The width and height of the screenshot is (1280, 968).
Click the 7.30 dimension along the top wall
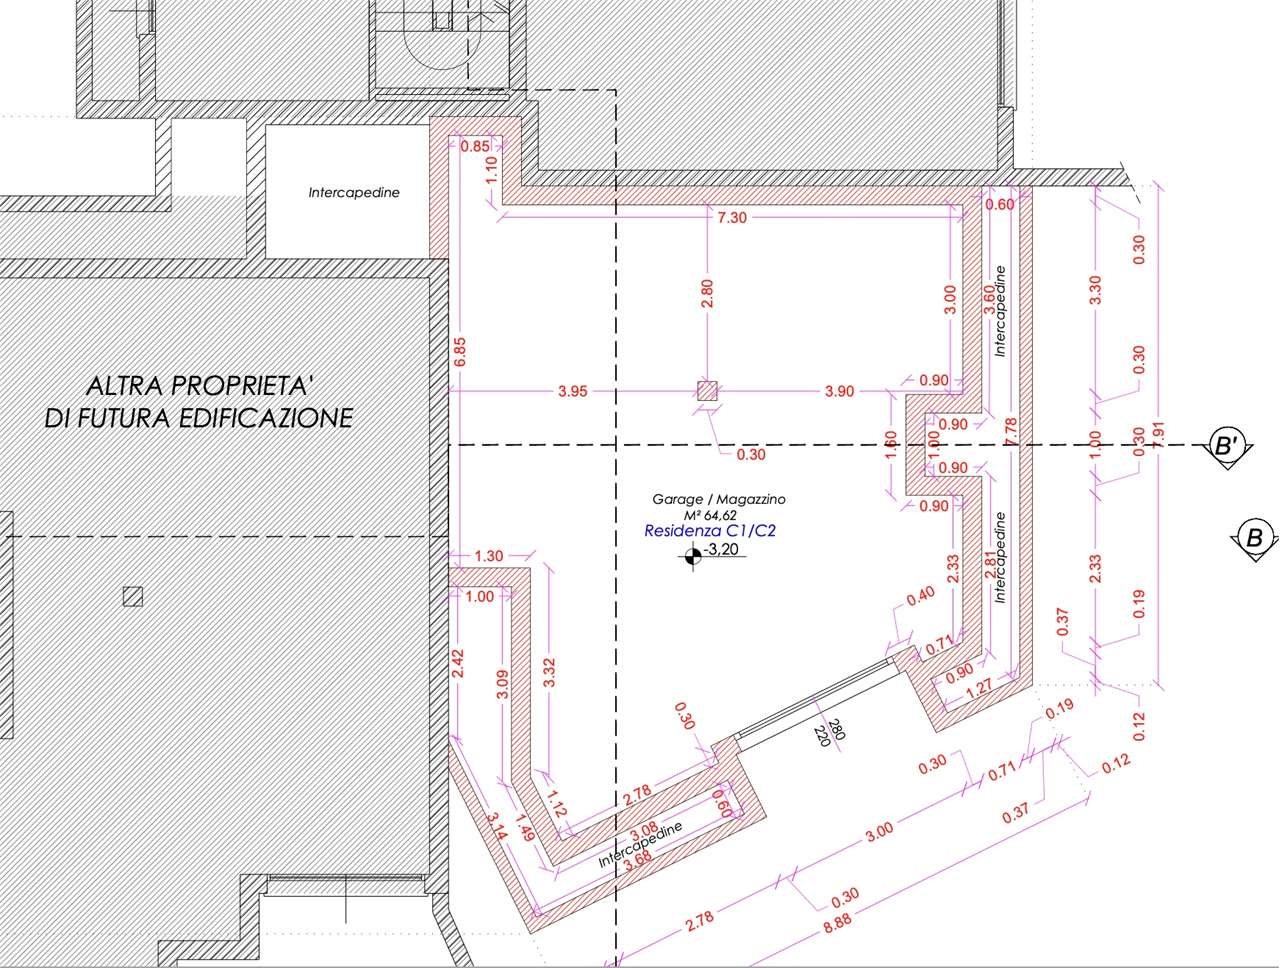click(732, 218)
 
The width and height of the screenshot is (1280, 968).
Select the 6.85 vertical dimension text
click(460, 352)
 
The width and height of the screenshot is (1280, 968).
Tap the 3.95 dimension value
click(573, 391)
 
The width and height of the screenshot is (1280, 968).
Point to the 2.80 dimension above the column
click(707, 293)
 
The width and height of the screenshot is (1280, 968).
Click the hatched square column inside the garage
click(707, 391)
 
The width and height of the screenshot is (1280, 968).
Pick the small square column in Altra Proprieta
click(133, 597)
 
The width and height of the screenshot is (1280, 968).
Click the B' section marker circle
click(1226, 446)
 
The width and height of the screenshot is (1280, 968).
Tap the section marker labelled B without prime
click(1254, 537)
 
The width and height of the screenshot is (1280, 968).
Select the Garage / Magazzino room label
click(718, 499)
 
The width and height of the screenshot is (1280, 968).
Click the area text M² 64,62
click(710, 515)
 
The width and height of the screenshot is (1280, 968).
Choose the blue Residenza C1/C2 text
click(710, 531)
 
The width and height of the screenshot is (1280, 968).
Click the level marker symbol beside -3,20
click(693, 557)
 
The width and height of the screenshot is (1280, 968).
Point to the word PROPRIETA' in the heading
click(240, 386)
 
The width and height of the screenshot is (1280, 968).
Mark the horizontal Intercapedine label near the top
click(354, 192)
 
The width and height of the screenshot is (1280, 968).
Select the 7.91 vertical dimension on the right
click(1158, 435)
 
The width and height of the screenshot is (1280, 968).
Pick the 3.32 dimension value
click(549, 672)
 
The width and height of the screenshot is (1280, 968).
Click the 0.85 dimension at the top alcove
click(475, 146)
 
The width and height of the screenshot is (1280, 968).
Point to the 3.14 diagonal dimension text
click(497, 826)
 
